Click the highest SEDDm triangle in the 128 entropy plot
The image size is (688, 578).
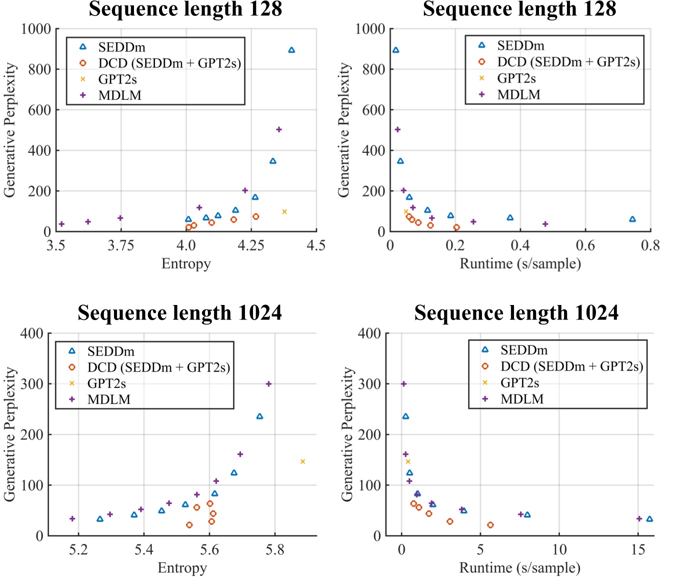(291, 50)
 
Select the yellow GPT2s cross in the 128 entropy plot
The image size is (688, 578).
(284, 211)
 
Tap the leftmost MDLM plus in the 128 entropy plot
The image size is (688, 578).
(61, 224)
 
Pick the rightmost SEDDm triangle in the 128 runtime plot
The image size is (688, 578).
(632, 219)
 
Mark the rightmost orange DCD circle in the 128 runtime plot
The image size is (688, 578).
(456, 227)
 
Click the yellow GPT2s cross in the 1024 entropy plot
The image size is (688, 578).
(302, 461)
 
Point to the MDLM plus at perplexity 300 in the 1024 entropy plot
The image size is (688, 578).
(268, 384)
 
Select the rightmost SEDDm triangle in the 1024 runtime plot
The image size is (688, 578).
(649, 519)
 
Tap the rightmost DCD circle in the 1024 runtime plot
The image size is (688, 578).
(490, 525)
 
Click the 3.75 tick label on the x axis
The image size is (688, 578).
(120, 245)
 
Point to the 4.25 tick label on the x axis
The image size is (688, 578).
(250, 245)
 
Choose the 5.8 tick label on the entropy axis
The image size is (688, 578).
(274, 550)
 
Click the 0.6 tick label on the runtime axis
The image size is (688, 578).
(585, 245)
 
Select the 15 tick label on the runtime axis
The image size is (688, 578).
(638, 550)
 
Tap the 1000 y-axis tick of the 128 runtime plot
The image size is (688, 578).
(370, 29)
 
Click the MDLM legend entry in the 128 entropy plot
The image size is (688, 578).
(119, 95)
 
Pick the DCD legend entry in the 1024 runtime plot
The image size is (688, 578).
(571, 366)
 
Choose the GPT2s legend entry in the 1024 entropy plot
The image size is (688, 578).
(106, 383)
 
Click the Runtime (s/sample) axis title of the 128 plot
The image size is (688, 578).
(520, 263)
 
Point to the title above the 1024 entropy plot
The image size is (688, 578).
(179, 313)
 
